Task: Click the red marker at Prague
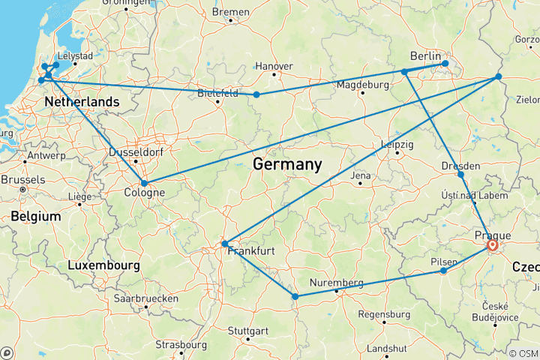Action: click(x=493, y=245)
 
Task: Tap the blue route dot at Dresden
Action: click(x=460, y=175)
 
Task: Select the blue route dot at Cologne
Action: click(x=144, y=183)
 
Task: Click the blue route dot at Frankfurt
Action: click(x=225, y=244)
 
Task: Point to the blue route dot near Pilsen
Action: click(x=443, y=271)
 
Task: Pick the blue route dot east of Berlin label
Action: click(x=445, y=64)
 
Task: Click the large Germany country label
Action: click(x=287, y=164)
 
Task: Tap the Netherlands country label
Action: click(x=82, y=102)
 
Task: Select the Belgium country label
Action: click(x=35, y=216)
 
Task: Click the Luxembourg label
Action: click(x=103, y=265)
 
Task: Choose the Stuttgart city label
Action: click(x=247, y=331)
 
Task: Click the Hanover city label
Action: click(x=274, y=66)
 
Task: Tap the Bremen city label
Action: click(x=230, y=12)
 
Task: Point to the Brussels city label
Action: click(x=22, y=180)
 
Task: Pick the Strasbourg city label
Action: click(x=181, y=345)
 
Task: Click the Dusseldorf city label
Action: click(x=135, y=151)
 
